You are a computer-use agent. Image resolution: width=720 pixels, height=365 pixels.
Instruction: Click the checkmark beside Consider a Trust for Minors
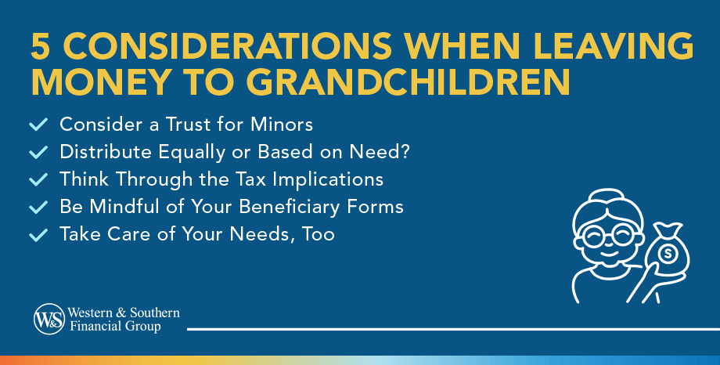click(x=38, y=125)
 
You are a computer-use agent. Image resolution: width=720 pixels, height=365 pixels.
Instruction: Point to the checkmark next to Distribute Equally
click(x=38, y=152)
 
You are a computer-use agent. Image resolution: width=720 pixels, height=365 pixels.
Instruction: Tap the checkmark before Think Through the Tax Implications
click(x=38, y=179)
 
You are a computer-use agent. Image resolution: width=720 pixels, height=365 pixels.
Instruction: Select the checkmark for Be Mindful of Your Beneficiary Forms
click(x=38, y=208)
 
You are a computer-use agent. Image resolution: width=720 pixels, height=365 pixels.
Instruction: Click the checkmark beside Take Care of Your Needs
click(x=38, y=234)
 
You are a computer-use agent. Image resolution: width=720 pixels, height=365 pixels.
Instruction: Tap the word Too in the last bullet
click(x=317, y=234)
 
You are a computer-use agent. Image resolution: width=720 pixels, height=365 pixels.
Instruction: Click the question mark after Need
click(x=405, y=152)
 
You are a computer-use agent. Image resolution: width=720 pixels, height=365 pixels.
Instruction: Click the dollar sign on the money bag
click(x=668, y=254)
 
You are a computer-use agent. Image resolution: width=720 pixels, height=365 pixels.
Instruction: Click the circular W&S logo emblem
click(x=48, y=319)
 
